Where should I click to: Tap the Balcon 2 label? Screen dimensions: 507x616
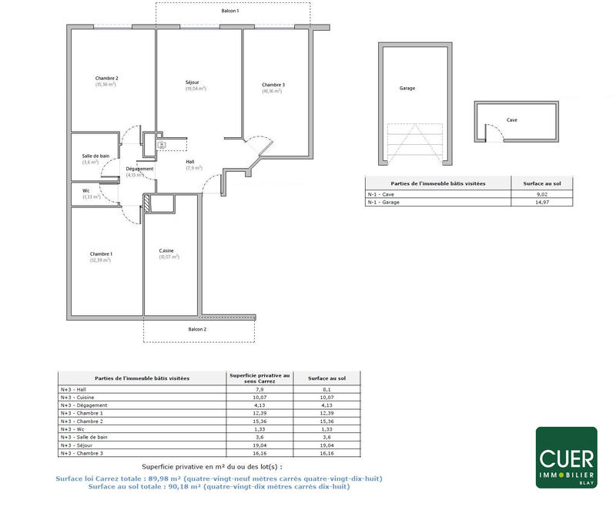pos(197,329)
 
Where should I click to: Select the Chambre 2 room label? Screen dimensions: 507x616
pos(106,79)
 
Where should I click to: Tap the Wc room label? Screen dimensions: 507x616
pos(86,192)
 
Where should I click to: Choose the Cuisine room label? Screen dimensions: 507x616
pos(166,251)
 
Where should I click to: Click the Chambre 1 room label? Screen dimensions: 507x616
pos(101,254)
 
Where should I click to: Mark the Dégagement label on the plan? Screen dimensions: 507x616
pos(140,169)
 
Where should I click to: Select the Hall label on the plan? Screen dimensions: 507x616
pos(190,162)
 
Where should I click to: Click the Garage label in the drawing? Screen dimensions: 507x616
pos(407,89)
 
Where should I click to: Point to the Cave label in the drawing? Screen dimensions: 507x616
pos(512,120)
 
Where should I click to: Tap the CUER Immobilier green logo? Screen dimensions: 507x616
pos(566,458)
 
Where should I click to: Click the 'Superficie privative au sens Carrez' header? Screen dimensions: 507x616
pos(259,378)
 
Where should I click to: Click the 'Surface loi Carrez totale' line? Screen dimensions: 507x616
pos(219,478)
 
